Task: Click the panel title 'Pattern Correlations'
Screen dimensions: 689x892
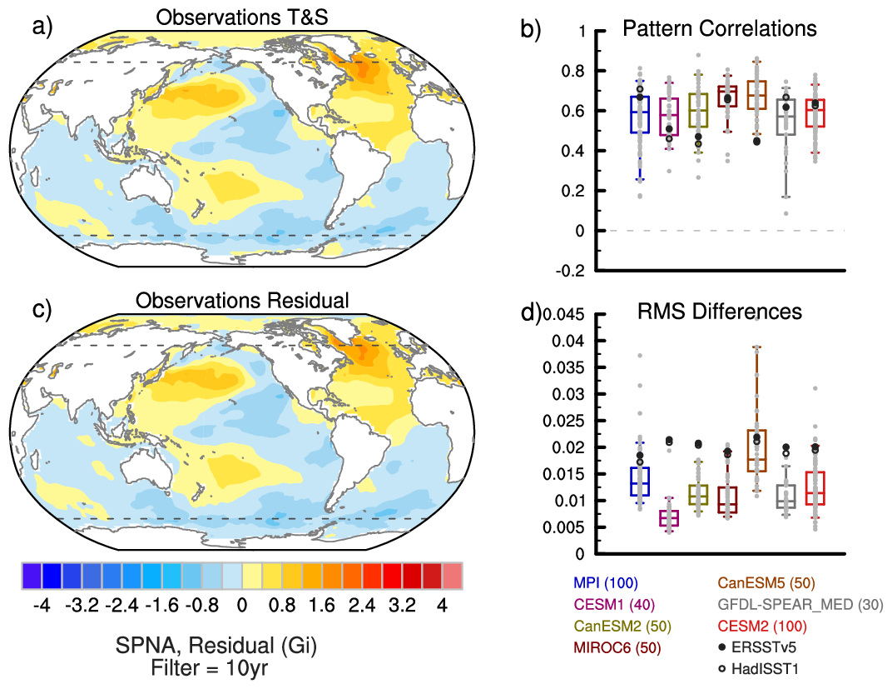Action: pos(720,29)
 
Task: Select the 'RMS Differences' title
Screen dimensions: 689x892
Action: pos(720,312)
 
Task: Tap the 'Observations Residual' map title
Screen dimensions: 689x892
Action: pos(242,300)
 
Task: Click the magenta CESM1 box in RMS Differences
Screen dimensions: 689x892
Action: pos(669,518)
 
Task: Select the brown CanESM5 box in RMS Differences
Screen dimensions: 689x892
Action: pos(756,451)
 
